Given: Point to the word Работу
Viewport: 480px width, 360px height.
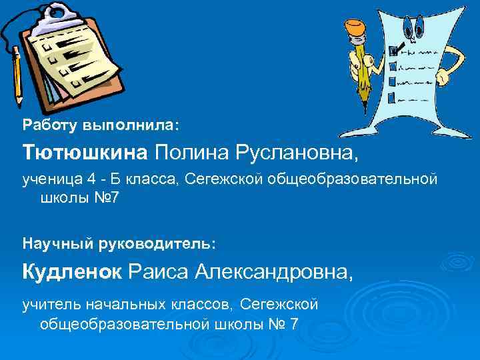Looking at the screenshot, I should (x=50, y=125).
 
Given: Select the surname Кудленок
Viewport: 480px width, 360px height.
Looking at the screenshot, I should (x=72, y=271).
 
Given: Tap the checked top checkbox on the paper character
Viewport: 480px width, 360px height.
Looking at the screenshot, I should (x=393, y=51).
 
